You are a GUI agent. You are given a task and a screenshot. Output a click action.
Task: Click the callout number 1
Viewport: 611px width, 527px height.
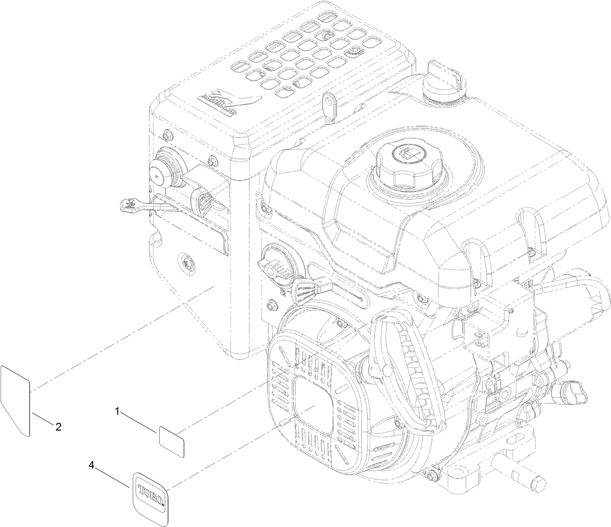117,411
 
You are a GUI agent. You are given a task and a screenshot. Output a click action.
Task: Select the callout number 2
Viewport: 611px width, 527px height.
58,427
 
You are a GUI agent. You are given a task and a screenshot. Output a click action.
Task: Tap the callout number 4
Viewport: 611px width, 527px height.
91,465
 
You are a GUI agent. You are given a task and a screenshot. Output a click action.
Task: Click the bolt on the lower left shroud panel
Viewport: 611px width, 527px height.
186,261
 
